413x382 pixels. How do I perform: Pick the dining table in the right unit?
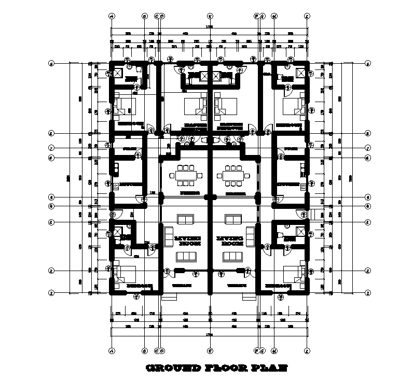point(232,175)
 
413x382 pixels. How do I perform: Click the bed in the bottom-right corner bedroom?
point(294,273)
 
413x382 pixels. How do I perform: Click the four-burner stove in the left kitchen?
point(116,186)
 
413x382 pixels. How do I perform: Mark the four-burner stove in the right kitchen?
point(302,186)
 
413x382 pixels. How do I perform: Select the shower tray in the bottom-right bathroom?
point(300,231)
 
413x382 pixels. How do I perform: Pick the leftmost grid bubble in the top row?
point(112,16)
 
